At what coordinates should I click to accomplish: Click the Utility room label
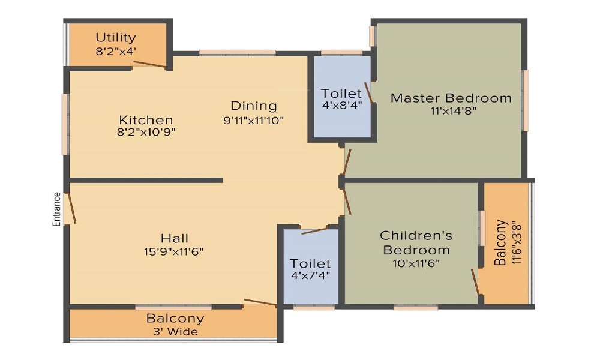point(116,38)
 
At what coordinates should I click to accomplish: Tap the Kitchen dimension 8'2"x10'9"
point(146,132)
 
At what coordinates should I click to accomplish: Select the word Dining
point(254,106)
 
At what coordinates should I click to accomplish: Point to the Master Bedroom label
point(451,98)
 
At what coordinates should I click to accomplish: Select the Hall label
point(174,239)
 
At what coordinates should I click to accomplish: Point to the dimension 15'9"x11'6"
point(174,252)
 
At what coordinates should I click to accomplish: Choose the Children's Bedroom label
point(416,242)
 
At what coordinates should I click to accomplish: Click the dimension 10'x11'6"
point(416,263)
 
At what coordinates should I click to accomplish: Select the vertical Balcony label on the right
point(501,243)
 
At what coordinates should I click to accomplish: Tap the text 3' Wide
point(175,331)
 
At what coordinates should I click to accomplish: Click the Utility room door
point(150,64)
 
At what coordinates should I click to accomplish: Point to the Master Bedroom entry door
point(347,161)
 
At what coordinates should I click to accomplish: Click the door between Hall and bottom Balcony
point(260,303)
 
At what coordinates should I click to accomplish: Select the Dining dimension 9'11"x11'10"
point(253,120)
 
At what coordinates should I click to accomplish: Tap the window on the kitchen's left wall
point(65,124)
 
